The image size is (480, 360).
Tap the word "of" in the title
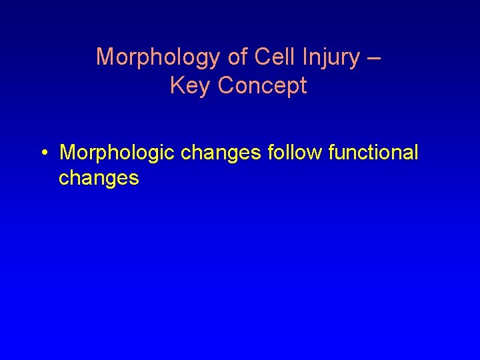[x=239, y=57]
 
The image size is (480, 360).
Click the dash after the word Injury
[x=374, y=58]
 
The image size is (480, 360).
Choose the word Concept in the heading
[x=263, y=86]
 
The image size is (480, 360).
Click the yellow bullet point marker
[x=43, y=153]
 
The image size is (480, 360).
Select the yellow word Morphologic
[x=117, y=153]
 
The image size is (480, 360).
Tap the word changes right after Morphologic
[x=221, y=153]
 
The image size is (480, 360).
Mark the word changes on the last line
[x=99, y=178]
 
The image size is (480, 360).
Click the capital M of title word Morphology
[x=105, y=57]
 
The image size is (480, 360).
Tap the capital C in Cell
[x=261, y=57]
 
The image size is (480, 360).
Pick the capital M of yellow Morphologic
[x=67, y=153]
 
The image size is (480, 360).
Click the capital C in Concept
[x=225, y=85]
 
